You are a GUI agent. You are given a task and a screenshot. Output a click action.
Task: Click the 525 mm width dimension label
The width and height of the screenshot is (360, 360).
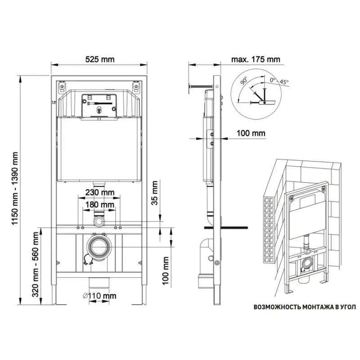click(x=99, y=59)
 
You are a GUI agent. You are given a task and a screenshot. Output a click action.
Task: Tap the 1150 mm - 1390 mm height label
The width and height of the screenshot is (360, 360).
click(x=15, y=188)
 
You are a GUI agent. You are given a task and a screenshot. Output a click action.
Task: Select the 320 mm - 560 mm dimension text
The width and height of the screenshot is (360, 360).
click(x=35, y=264)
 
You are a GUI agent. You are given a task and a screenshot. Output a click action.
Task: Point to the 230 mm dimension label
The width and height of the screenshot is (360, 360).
click(x=99, y=192)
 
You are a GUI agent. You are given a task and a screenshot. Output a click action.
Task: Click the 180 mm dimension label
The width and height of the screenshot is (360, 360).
click(x=99, y=204)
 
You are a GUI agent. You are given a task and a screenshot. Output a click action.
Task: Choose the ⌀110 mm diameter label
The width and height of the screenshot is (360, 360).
click(x=99, y=296)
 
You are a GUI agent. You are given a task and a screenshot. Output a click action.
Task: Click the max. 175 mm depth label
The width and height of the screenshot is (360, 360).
click(x=256, y=59)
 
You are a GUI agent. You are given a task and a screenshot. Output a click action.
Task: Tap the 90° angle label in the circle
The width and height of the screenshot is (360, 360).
click(x=244, y=81)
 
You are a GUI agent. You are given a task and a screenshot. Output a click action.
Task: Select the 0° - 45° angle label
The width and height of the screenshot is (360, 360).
click(x=279, y=81)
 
